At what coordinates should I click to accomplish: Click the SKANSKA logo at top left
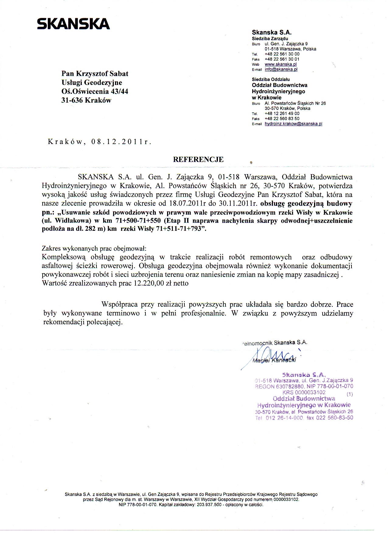(73, 24)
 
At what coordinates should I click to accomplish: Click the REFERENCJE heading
(198, 160)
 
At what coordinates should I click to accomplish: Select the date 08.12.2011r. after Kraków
(121, 142)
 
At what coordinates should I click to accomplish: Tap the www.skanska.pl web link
(281, 64)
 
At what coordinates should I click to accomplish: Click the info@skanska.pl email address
(281, 69)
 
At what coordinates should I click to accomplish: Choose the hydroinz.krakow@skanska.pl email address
(293, 124)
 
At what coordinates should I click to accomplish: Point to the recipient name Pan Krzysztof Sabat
(95, 74)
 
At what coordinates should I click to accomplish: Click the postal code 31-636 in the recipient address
(72, 100)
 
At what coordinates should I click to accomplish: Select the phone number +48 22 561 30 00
(282, 54)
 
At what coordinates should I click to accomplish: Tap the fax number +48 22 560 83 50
(282, 119)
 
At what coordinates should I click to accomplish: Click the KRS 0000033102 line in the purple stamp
(304, 392)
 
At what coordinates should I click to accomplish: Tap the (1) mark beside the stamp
(350, 394)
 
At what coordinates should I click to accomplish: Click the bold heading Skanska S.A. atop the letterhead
(272, 33)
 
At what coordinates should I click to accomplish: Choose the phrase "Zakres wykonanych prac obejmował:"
(94, 248)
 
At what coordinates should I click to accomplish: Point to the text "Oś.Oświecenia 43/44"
(95, 91)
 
